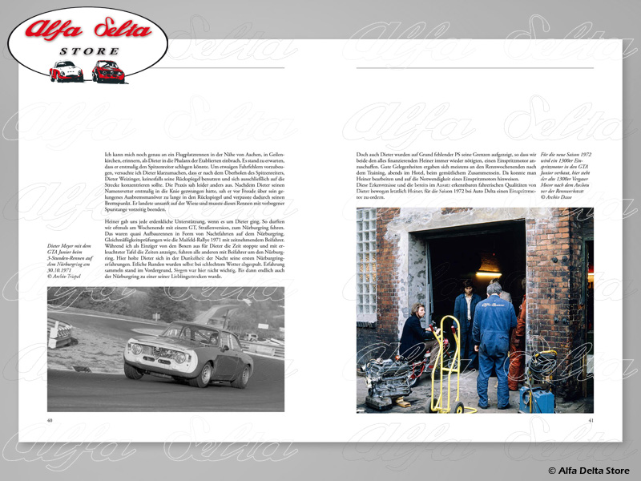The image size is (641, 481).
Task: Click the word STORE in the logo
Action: [x=89, y=51]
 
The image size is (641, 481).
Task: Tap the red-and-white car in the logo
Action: [x=66, y=72]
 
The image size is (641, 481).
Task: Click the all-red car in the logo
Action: [x=107, y=72]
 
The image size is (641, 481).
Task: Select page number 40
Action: [x=50, y=419]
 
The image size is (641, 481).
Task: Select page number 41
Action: [x=591, y=419]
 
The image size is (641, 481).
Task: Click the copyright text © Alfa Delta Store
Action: [x=588, y=470]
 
